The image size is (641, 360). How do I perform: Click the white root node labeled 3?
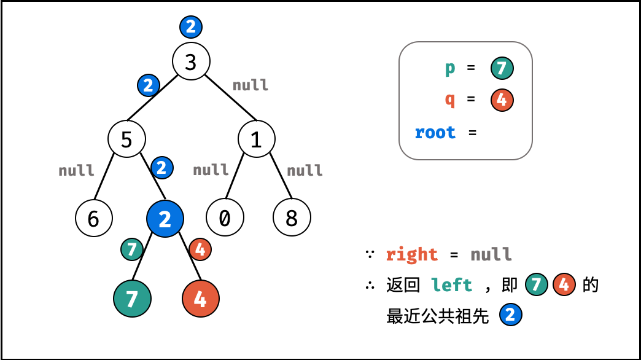tap(191, 61)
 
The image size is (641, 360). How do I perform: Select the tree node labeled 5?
tap(126, 139)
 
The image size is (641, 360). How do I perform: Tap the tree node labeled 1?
tap(256, 139)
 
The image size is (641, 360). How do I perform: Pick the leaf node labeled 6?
tap(94, 218)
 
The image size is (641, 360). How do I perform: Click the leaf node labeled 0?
tap(224, 218)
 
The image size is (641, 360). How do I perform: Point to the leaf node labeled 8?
tap(292, 218)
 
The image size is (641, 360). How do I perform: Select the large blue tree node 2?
tap(165, 219)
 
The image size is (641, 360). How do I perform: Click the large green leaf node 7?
tap(132, 299)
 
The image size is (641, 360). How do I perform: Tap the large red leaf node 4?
tap(201, 299)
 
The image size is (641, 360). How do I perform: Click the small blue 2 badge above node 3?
tap(191, 26)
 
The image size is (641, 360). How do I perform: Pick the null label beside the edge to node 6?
tap(76, 170)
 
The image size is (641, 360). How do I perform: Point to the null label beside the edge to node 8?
tap(305, 170)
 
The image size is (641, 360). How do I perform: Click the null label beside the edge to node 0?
tap(211, 170)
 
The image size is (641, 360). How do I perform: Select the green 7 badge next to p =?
tap(502, 68)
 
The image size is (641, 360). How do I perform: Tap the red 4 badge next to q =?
tap(502, 100)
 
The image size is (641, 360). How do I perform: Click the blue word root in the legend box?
tap(435, 132)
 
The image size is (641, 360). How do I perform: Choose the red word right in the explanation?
tap(411, 254)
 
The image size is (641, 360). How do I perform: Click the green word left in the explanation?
tap(451, 285)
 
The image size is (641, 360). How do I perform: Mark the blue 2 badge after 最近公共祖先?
tap(511, 316)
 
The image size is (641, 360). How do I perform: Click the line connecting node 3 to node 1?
tap(230, 97)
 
